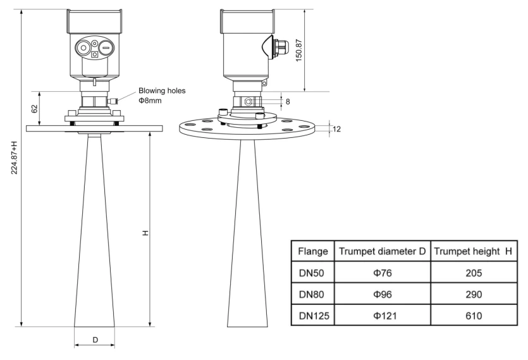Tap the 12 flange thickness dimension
click(x=336, y=129)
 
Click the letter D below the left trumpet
click(x=95, y=340)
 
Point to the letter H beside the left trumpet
click(x=145, y=233)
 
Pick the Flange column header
click(x=312, y=252)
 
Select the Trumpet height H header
click(x=472, y=252)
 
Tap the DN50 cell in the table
click(x=312, y=273)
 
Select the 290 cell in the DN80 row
click(x=472, y=295)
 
